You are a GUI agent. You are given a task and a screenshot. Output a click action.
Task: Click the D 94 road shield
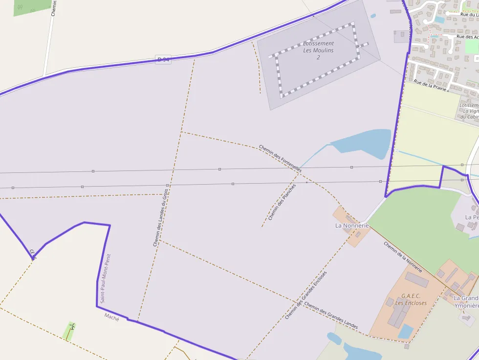[163, 60]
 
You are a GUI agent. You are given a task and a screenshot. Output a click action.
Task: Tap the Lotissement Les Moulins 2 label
[318, 50]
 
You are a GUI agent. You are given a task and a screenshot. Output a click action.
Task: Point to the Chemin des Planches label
[283, 202]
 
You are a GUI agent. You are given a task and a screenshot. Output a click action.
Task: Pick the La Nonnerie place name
[352, 226]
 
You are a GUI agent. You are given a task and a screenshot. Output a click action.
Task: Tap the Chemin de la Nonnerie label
[402, 257]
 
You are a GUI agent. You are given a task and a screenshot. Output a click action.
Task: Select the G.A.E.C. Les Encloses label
[411, 299]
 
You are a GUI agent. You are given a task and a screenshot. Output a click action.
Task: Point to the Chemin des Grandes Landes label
[331, 315]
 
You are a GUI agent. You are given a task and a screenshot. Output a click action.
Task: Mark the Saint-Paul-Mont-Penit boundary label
[106, 278]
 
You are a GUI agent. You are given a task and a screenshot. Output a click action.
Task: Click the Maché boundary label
[111, 317]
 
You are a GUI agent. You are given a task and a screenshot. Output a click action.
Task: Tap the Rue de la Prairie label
[430, 85]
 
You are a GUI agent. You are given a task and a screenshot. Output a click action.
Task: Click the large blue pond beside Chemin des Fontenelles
[364, 143]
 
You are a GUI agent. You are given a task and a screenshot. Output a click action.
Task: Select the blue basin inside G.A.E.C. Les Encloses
[406, 331]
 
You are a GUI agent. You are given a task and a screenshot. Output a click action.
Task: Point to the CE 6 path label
[33, 254]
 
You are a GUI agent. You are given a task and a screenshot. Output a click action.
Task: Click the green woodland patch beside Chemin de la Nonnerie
[415, 225]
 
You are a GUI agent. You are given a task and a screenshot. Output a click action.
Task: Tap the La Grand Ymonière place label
[466, 302]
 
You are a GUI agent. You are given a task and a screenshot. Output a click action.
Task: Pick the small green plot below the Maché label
[69, 331]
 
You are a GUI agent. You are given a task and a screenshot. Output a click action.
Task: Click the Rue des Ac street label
[467, 37]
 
